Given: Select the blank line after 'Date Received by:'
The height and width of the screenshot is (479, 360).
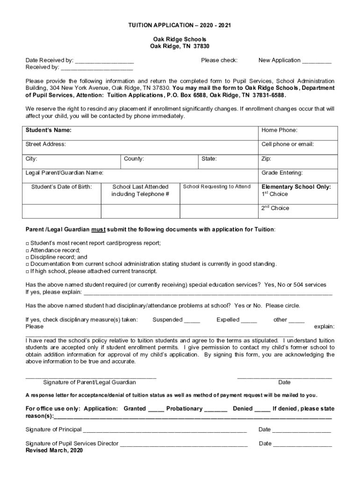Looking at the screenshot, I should click(x=104, y=61).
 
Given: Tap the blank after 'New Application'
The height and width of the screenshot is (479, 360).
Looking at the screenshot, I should click(x=317, y=61).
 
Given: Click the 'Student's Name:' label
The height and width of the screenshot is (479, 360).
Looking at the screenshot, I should click(x=48, y=130).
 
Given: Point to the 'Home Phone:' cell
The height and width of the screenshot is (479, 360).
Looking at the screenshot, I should click(x=279, y=130).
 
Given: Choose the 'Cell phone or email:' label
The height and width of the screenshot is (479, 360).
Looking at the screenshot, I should click(x=287, y=144).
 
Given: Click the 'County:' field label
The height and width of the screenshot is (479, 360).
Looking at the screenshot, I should click(x=134, y=159).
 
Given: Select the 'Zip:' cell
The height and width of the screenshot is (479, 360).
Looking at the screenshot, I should click(x=266, y=159).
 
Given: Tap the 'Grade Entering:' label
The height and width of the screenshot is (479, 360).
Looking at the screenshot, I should click(x=281, y=173).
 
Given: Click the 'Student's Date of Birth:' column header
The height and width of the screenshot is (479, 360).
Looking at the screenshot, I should click(x=62, y=187).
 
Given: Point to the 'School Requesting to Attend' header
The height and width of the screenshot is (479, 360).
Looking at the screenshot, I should click(x=216, y=187).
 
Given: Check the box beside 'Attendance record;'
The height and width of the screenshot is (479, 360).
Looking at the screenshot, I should click(x=27, y=251).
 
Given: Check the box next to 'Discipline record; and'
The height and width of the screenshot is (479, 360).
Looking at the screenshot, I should click(x=27, y=257).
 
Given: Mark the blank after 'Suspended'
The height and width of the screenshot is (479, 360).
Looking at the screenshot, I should click(x=192, y=320).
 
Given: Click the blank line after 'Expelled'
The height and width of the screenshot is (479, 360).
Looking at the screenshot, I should click(x=249, y=320).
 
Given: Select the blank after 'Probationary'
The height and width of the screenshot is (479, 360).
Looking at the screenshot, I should click(x=216, y=409).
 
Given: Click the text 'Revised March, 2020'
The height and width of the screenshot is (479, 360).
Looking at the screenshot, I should click(x=54, y=450).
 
